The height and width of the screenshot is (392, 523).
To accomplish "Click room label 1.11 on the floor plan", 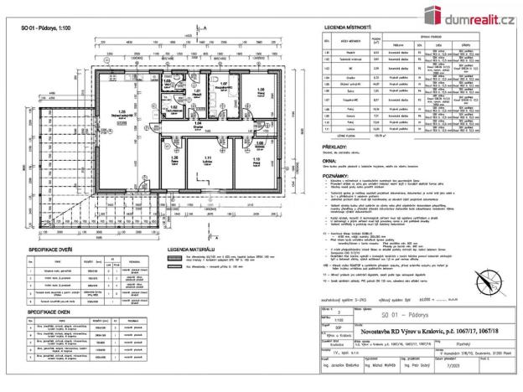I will click(x=204, y=157).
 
